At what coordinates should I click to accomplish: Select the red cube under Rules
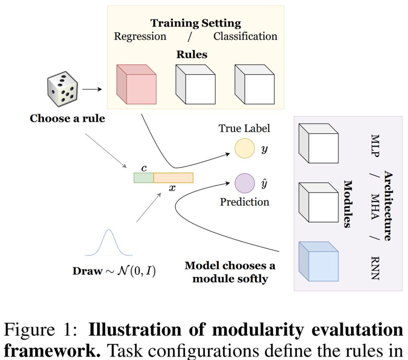click(136, 85)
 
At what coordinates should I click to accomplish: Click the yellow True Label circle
click(245, 148)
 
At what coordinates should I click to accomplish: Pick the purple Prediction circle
click(245, 183)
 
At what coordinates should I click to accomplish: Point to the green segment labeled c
click(144, 178)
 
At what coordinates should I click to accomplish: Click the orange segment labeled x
click(173, 178)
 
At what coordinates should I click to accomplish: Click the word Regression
click(140, 37)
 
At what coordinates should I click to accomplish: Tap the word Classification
click(245, 37)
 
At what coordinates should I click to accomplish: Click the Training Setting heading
click(196, 23)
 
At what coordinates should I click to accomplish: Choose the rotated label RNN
click(375, 268)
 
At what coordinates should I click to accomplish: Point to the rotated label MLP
click(375, 145)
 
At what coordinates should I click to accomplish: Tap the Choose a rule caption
click(67, 118)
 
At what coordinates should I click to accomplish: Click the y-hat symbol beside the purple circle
click(264, 184)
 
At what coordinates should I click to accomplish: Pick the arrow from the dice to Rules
click(92, 89)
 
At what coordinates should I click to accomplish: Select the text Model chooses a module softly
click(230, 272)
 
